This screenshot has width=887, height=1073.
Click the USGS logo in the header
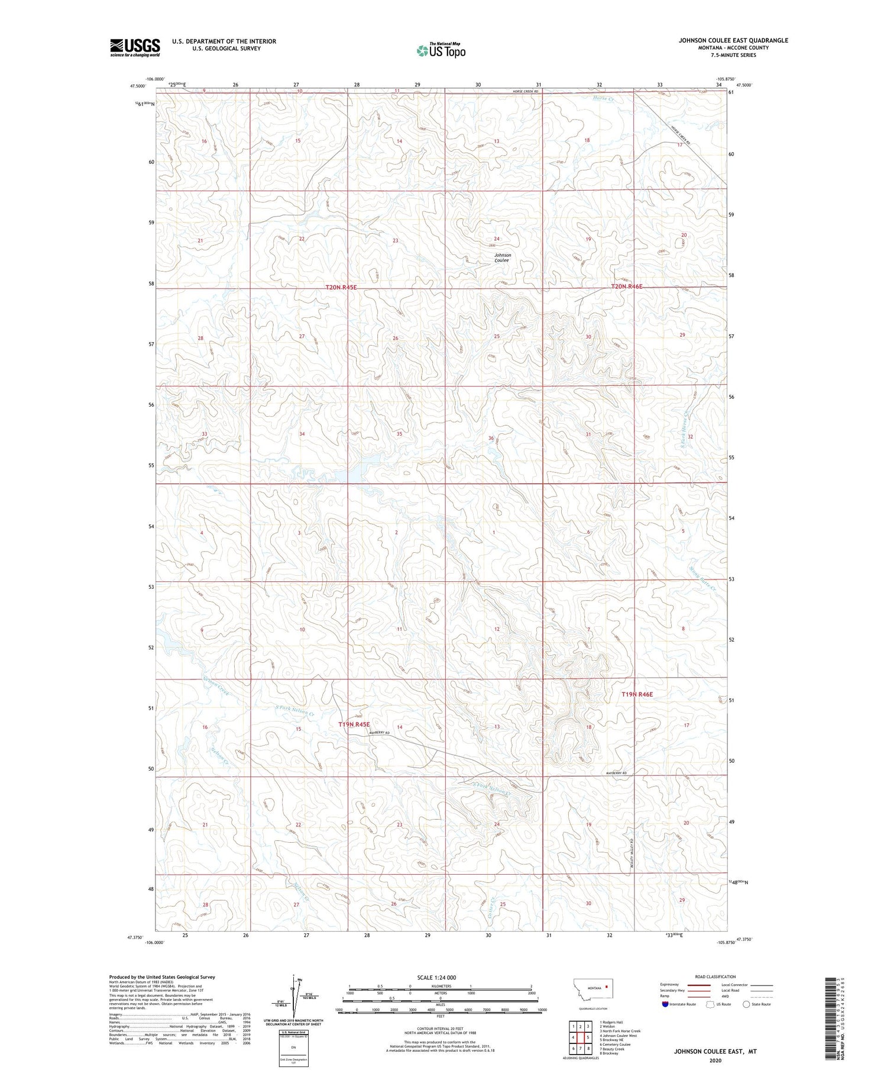(x=135, y=47)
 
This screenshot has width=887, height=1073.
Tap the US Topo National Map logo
(x=441, y=51)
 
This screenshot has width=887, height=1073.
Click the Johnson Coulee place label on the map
(x=503, y=257)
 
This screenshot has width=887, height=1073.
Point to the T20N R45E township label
(x=341, y=287)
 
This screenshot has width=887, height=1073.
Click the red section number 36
(x=491, y=438)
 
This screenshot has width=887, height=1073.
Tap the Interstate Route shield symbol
(x=665, y=1004)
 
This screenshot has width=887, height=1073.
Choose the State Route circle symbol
(x=746, y=1004)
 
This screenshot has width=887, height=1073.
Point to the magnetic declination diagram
(x=294, y=999)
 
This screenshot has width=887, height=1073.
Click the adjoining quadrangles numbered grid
(x=580, y=1037)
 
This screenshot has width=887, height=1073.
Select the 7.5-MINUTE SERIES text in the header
(x=733, y=55)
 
